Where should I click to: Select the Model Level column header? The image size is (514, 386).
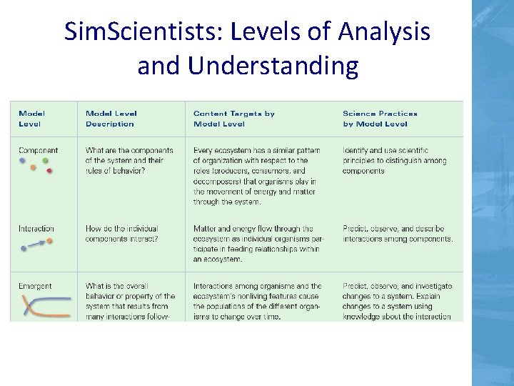pos(32,119)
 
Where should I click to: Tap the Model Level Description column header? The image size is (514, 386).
pos(111,119)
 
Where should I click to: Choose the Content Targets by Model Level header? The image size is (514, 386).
pos(233,119)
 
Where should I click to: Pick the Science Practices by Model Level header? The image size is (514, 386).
pos(380,119)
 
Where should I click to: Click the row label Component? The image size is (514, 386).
pos(39,151)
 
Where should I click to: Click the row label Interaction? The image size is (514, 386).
pos(36,229)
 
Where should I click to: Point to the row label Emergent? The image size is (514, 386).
pos(35,287)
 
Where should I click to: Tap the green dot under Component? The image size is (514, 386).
pos(44,162)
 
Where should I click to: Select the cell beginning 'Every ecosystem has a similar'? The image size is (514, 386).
pos(257,176)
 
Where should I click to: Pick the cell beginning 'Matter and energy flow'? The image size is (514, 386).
pos(257,244)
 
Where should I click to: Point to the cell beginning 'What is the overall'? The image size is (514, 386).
pos(130,301)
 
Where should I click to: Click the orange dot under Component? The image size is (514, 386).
pos(32,167)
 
